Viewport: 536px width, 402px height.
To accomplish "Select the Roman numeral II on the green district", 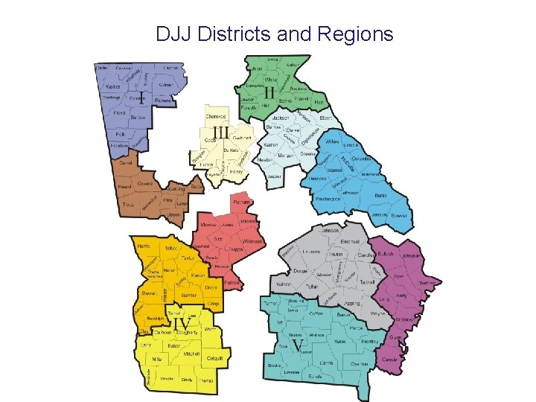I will [x=260, y=92].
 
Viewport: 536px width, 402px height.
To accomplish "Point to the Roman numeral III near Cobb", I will [x=222, y=130].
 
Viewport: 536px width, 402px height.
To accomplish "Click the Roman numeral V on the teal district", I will [x=298, y=348].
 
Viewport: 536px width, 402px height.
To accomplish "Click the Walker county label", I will [x=112, y=86].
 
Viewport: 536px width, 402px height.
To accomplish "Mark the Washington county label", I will [x=328, y=199].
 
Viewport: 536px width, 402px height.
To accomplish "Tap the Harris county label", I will [x=144, y=246].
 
